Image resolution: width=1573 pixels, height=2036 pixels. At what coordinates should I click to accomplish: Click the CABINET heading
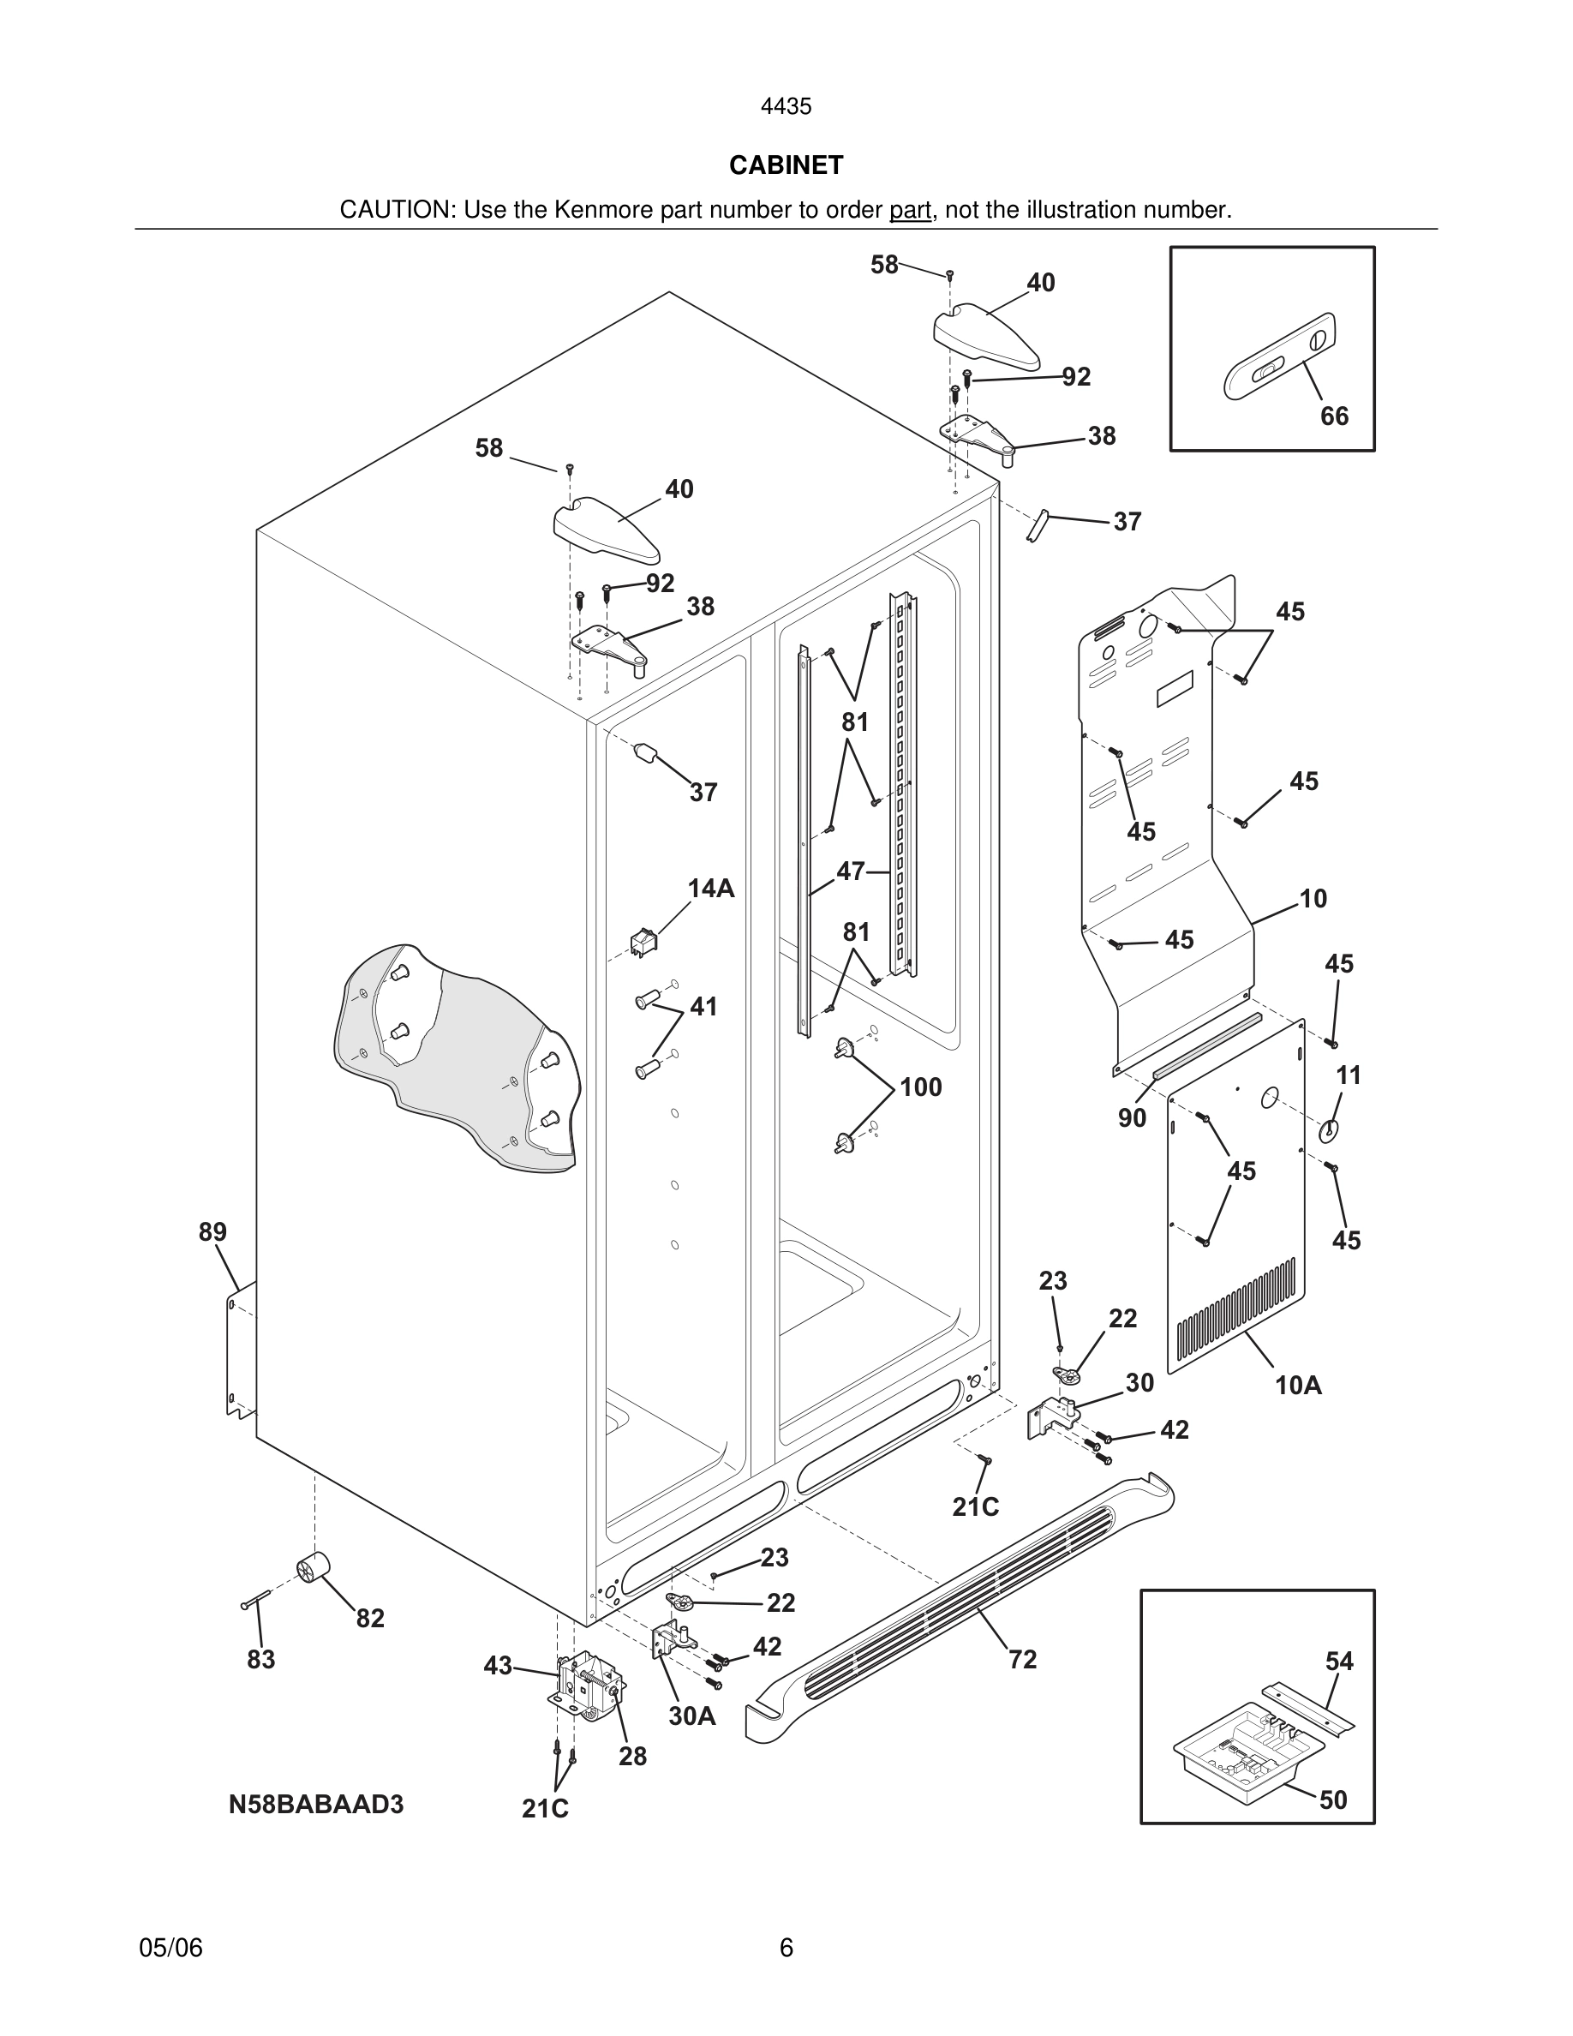(786, 165)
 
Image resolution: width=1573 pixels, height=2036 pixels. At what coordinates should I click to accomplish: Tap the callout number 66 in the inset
(1333, 416)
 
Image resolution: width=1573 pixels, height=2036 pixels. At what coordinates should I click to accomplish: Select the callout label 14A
(710, 889)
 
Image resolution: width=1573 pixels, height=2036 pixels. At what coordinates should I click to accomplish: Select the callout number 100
(920, 1087)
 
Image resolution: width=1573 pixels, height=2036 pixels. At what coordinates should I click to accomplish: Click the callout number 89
(212, 1232)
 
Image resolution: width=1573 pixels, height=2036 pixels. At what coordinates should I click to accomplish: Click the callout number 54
(1339, 1662)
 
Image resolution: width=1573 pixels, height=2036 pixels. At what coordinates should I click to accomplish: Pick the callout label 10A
(1298, 1386)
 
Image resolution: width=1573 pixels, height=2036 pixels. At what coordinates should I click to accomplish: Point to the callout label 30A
(691, 1716)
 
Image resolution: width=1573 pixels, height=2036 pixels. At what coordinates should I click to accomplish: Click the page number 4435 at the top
(786, 107)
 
